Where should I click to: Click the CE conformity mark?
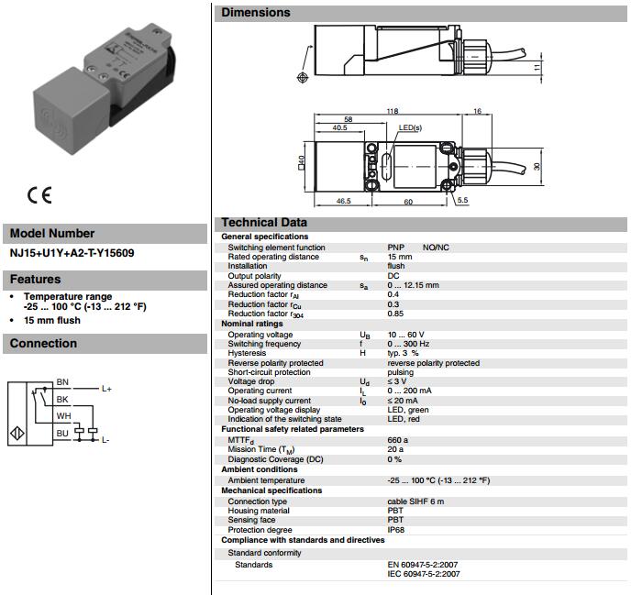click(39, 195)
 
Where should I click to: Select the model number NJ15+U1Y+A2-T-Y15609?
click(72, 253)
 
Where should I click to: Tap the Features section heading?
click(36, 280)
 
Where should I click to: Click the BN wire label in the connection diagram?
click(62, 381)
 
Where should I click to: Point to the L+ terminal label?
click(106, 389)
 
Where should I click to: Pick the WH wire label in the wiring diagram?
click(63, 416)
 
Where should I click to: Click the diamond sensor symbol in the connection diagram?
click(17, 434)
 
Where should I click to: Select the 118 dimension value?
click(393, 111)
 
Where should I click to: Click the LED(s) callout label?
click(410, 127)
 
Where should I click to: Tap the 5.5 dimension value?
click(463, 200)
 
